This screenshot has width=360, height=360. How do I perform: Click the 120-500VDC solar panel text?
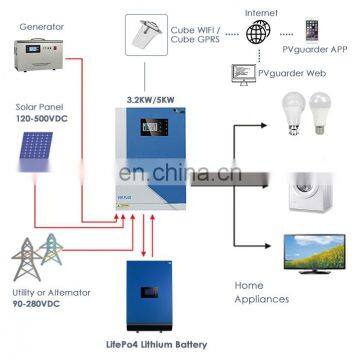(41, 115)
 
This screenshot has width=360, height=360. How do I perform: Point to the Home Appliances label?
(262, 292)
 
